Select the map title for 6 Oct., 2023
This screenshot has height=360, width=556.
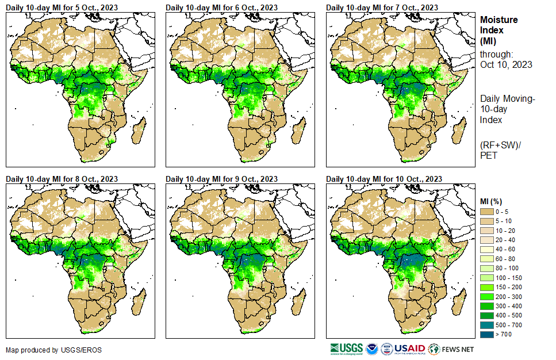(222, 7)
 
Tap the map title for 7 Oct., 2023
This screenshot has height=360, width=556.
(382, 7)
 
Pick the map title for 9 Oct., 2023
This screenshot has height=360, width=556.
(222, 179)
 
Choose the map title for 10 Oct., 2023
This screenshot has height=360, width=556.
(384, 179)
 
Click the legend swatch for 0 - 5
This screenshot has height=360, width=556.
(488, 212)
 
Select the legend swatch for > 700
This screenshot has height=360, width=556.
(488, 334)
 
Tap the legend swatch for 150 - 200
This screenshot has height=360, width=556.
(488, 287)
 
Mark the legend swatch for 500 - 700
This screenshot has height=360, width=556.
(488, 325)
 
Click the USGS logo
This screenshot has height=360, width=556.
(347, 348)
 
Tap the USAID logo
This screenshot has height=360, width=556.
(409, 348)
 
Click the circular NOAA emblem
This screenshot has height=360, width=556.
(371, 348)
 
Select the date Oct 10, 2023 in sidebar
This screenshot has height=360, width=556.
(506, 64)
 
